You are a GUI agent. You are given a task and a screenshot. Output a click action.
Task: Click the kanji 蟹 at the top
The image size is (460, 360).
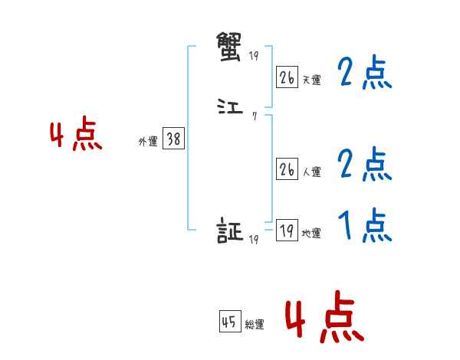[230, 48]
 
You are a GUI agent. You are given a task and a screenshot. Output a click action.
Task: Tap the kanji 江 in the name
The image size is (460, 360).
[230, 110]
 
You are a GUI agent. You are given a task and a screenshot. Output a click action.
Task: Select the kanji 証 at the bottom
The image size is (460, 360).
[230, 231]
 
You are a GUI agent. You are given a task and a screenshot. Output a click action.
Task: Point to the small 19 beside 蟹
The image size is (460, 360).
[255, 55]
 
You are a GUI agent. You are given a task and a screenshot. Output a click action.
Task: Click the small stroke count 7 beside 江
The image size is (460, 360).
[254, 116]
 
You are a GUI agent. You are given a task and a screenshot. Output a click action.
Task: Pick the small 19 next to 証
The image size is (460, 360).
[254, 239]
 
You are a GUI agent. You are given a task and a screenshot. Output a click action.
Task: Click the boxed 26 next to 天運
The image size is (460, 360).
[287, 77]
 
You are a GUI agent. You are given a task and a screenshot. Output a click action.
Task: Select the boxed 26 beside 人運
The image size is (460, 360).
[287, 170]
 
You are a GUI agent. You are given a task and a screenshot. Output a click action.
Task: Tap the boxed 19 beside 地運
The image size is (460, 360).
[287, 231]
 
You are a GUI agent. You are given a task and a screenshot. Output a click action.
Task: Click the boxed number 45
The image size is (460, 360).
[229, 322]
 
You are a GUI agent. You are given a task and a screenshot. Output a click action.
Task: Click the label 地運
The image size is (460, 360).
[311, 233]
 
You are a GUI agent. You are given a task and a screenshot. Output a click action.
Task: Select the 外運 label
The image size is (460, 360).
[148, 142]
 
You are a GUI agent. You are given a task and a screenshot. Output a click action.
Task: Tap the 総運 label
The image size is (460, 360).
[255, 325]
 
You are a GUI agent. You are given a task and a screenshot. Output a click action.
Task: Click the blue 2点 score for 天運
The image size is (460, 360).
[365, 74]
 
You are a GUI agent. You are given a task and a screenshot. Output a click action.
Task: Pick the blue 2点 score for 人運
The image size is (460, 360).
[365, 164]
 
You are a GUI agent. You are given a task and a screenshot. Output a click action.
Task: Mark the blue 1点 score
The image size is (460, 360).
[365, 226]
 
